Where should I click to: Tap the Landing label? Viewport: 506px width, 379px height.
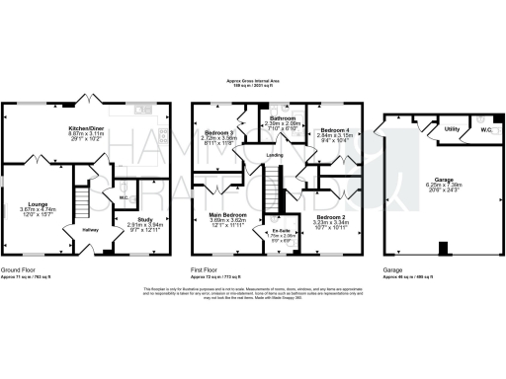click(276, 155)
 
